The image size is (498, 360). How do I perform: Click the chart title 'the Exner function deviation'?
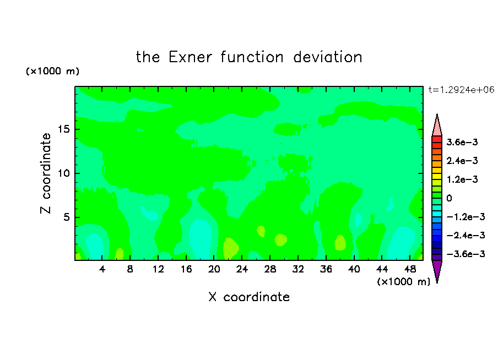point(249,57)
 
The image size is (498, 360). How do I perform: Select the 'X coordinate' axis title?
point(249,297)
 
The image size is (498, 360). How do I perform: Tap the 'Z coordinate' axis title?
point(46,173)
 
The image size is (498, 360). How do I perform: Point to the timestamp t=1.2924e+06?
point(461,90)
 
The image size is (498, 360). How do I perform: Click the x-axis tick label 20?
point(214,269)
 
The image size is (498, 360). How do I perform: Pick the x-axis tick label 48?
point(410,269)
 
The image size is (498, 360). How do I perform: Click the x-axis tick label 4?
point(102,269)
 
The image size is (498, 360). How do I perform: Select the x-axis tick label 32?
point(298,269)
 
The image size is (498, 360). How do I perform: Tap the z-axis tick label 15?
point(63,129)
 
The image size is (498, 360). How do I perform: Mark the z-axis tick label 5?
point(67,217)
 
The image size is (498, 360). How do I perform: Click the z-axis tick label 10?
point(63,173)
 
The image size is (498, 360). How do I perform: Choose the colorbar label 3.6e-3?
point(462,142)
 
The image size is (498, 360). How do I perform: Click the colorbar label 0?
point(449,198)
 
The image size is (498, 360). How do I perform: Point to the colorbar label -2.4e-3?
point(466,235)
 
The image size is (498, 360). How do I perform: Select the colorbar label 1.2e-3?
point(462,179)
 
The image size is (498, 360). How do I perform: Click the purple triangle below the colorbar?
point(437,270)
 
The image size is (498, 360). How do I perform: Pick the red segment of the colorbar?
point(437,139)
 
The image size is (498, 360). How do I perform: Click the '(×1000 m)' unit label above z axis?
point(52,71)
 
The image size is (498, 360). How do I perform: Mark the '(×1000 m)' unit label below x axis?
point(403,282)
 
